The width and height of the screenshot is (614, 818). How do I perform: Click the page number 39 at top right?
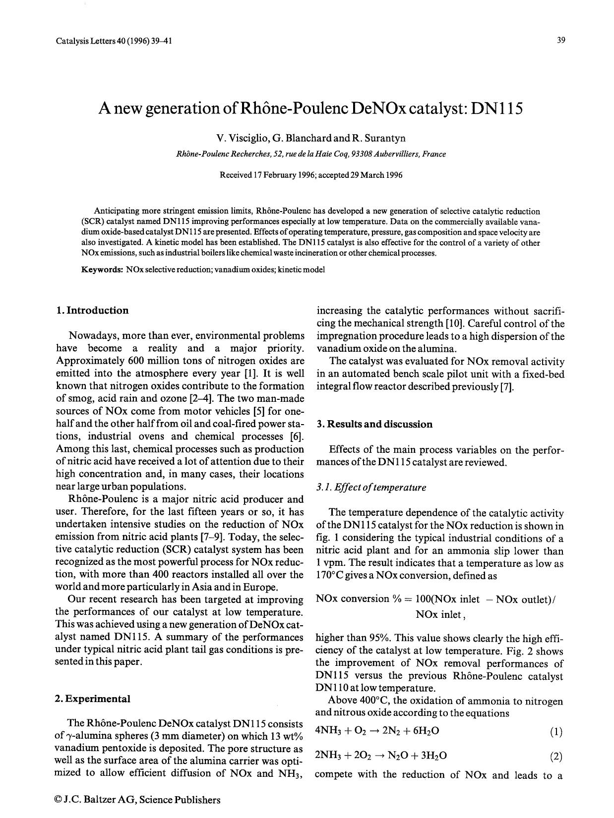561,41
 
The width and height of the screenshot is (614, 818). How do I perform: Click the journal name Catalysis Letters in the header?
85,41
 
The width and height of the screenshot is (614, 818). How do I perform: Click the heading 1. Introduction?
92,311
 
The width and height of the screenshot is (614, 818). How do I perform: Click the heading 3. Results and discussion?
374,424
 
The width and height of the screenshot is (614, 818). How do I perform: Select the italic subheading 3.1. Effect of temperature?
371,488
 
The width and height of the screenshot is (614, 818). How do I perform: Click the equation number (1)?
556,732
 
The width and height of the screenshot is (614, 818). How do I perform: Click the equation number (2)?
556,757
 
